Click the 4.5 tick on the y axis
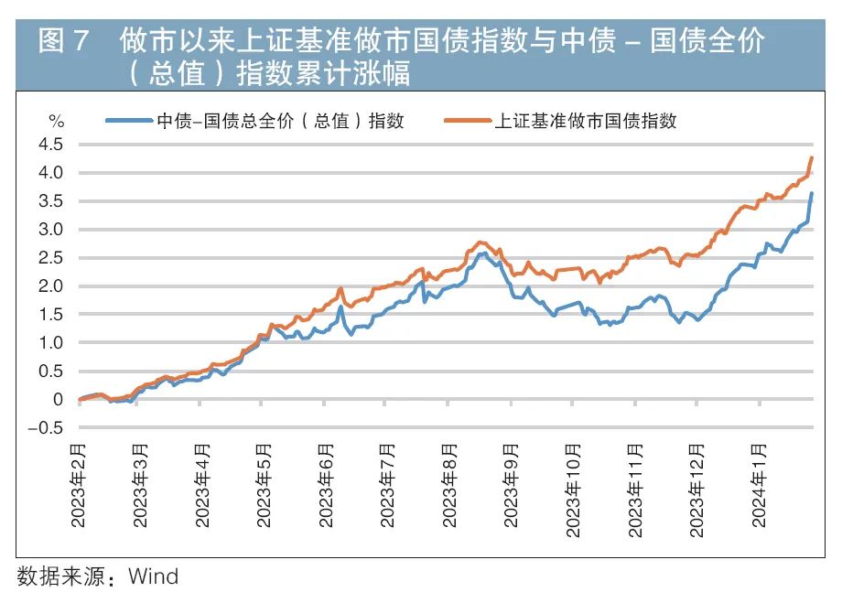coord(52,145)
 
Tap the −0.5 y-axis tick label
coord(49,427)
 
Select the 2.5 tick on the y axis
coord(52,258)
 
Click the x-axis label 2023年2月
coord(79,486)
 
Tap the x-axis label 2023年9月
coord(514,486)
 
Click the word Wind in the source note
coord(154,576)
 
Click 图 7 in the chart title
coord(63,43)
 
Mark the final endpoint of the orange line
coord(811,158)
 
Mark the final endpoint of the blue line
coord(812,194)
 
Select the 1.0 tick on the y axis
coord(52,343)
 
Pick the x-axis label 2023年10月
coord(573,490)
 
